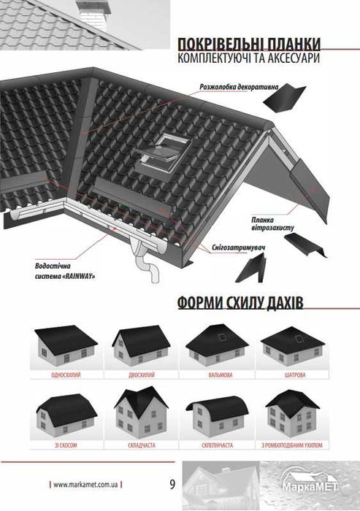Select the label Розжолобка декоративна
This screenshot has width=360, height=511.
click(240, 87)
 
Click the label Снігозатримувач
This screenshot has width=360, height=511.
click(220, 247)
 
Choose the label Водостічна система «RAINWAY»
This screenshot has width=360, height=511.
click(65, 272)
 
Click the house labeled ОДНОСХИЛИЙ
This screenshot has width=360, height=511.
click(65, 347)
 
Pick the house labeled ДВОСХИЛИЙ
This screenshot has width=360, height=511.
click(140, 347)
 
